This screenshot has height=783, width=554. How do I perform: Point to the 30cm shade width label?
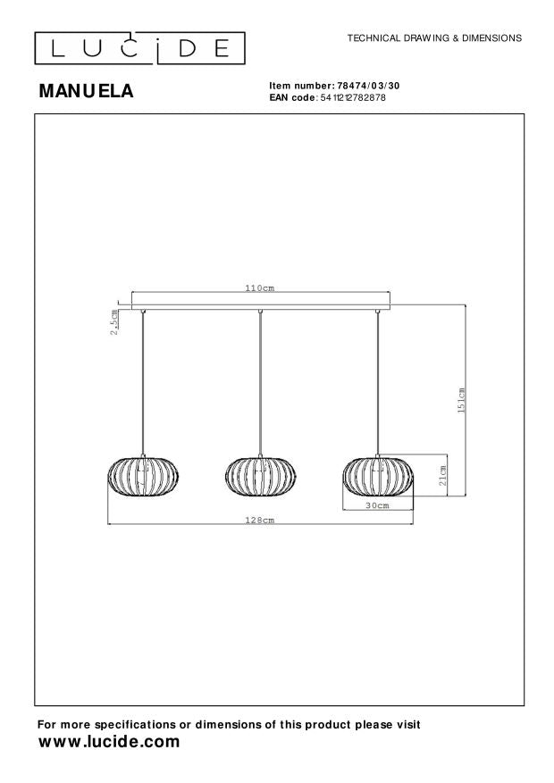click(377, 506)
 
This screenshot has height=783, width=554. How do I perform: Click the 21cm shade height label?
click(443, 475)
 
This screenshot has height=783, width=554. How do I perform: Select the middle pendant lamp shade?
click(259, 477)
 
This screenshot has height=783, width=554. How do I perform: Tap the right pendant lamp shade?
click(377, 477)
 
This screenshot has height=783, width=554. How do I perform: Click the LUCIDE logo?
click(139, 46)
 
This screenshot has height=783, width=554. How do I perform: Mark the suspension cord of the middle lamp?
click(259, 384)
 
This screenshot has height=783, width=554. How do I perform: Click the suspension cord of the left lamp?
click(143, 384)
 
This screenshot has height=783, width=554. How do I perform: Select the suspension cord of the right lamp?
click(378, 384)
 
